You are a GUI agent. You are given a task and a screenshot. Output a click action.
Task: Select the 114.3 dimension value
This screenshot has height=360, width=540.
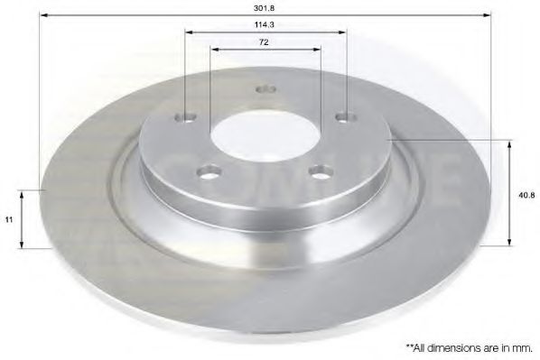[265, 25]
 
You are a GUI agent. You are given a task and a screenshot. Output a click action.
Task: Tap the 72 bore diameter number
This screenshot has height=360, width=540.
[265, 42]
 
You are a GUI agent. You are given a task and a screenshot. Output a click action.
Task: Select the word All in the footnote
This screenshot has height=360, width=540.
[420, 346]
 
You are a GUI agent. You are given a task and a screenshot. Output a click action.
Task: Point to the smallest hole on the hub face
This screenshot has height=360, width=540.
[265, 89]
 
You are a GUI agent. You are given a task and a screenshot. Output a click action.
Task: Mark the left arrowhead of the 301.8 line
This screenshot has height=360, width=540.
[46, 15]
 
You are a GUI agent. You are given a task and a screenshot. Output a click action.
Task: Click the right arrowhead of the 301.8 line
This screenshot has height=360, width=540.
[488, 15]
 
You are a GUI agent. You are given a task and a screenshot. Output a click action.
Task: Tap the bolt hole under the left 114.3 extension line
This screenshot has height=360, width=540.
[187, 116]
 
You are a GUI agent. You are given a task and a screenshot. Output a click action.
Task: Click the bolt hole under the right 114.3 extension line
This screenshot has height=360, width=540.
[343, 116]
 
